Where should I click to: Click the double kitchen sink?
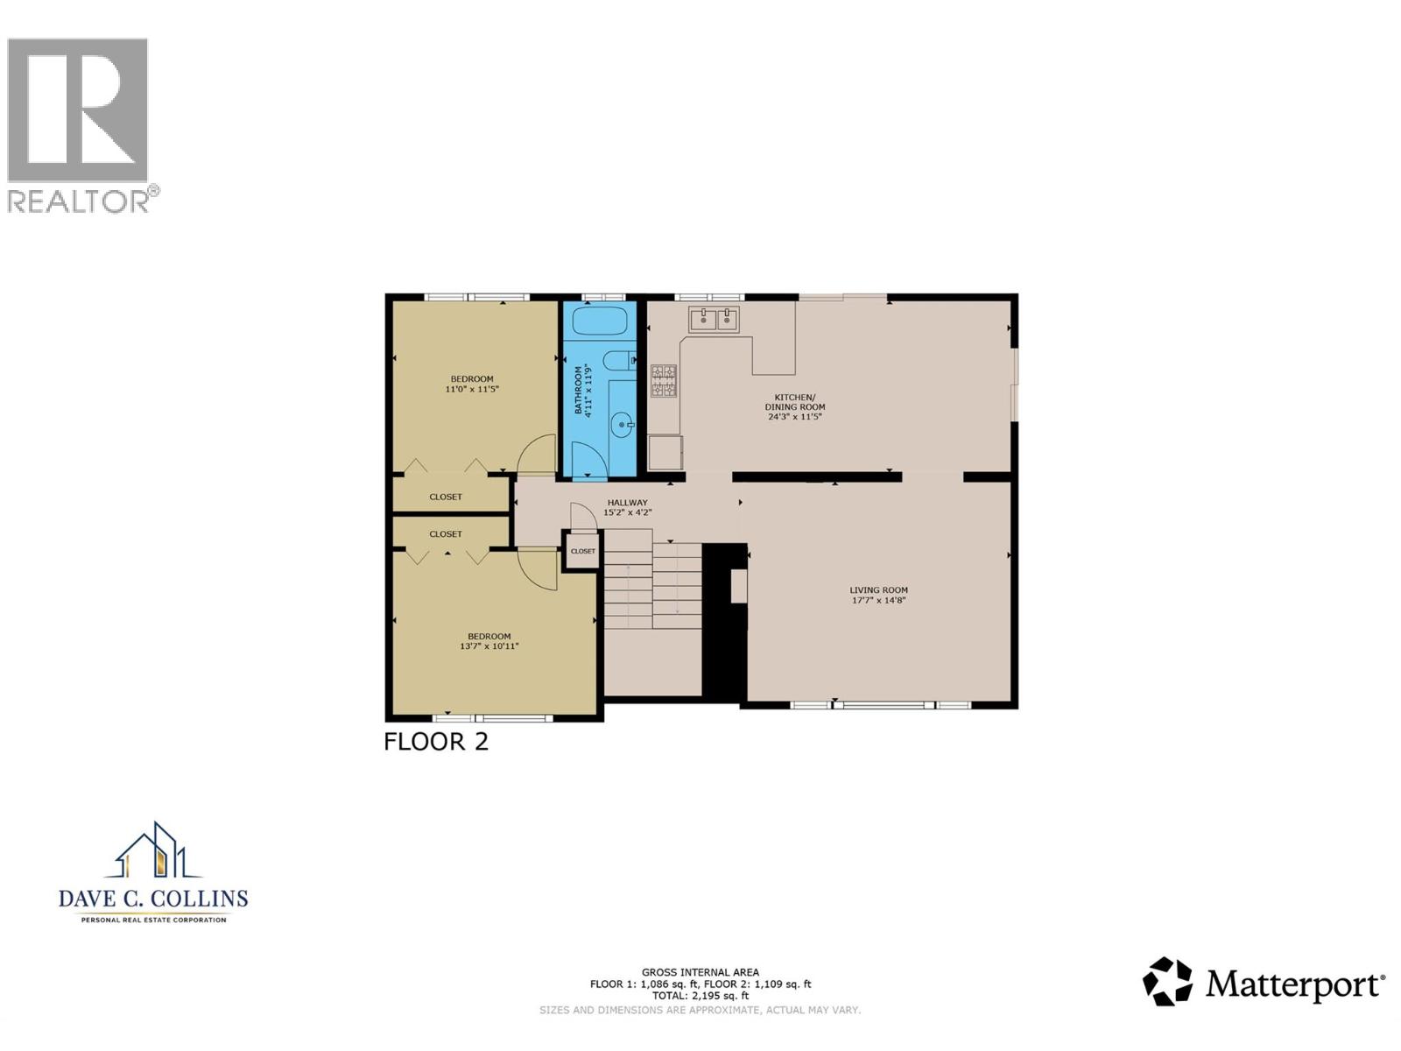[x=714, y=320]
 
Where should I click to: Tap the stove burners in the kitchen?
[x=664, y=382]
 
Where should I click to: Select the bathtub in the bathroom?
[x=600, y=321]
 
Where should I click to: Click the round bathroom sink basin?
[x=623, y=426]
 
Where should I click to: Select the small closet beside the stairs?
[x=582, y=552]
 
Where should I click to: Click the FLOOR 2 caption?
[x=436, y=742]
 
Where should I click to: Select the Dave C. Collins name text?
[x=153, y=899]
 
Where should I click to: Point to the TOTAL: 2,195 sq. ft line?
[x=700, y=996]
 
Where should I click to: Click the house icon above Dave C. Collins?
[x=153, y=851]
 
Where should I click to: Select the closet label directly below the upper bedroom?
[x=446, y=497]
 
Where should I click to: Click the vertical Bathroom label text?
[x=578, y=391]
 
